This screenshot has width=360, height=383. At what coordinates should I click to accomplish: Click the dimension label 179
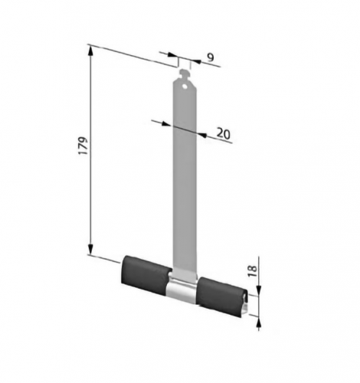(83, 146)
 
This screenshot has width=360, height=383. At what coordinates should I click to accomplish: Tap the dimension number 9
(211, 57)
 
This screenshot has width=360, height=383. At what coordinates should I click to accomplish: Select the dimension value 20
(224, 133)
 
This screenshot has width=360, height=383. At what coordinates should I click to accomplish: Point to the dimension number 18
(252, 271)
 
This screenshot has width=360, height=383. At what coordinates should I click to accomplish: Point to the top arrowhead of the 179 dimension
(90, 51)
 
